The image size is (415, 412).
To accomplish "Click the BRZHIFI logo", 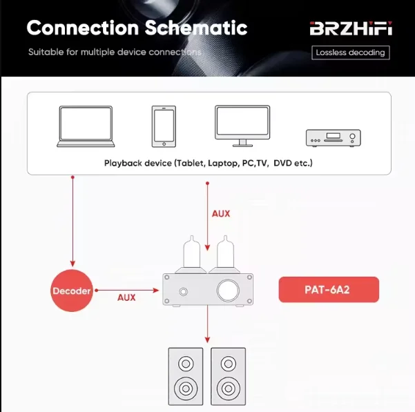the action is point(351,29).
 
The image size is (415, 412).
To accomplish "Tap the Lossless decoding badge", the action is point(351,52).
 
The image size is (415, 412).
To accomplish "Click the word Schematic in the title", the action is point(195,28).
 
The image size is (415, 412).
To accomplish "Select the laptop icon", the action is point(86,126).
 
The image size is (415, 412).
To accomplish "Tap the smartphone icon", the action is point(164,126).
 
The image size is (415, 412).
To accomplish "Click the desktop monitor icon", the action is point(242,126).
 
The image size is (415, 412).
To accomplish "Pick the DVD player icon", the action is point(334,137).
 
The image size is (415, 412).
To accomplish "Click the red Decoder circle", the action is point(72,291).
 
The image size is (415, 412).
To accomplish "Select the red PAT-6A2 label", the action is point(329,290).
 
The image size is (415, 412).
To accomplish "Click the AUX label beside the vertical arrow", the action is point(221,213).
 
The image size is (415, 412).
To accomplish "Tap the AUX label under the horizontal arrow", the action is point(126,297).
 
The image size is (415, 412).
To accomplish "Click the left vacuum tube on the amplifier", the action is point(191,253).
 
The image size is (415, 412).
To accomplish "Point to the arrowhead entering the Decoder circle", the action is point(72,264).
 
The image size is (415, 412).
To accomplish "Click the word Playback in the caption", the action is point(122,163).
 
